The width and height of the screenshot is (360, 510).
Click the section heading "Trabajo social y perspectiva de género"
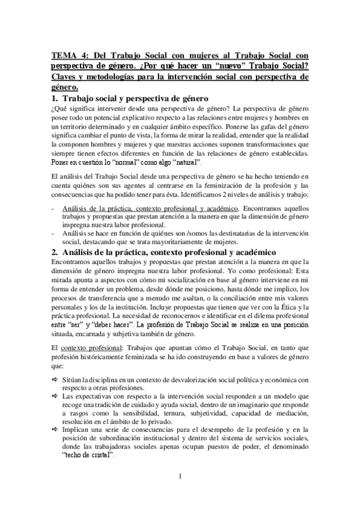click(135, 98)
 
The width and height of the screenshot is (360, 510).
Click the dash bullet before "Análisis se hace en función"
click(53, 233)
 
